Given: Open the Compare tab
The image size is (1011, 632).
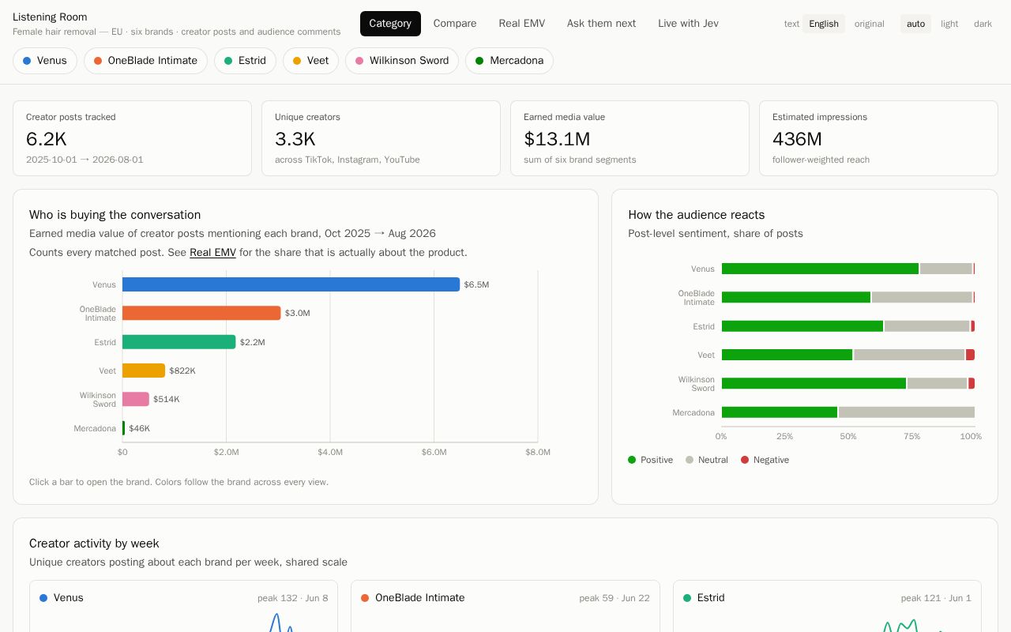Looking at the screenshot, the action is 454,24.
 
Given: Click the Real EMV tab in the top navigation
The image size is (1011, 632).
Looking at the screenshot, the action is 522,24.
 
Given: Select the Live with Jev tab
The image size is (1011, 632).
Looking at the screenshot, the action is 688,24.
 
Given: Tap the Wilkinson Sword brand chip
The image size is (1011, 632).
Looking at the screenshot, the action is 402,61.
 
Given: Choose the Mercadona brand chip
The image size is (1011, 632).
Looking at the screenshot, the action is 509,61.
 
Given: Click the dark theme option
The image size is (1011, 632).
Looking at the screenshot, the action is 983,24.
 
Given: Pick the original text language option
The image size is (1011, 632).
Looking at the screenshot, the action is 869,24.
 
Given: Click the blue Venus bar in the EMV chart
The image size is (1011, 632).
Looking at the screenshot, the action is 291,284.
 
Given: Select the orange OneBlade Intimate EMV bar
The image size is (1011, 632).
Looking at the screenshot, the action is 201,313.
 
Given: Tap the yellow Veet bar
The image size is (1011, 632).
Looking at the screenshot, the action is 144,371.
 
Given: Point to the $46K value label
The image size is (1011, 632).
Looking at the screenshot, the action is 140,428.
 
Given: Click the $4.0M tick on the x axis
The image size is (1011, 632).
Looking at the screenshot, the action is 330,453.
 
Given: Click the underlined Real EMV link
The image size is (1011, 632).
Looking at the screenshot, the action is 212,252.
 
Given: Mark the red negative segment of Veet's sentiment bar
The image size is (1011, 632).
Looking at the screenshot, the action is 971,355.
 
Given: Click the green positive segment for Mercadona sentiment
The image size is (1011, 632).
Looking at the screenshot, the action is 780,412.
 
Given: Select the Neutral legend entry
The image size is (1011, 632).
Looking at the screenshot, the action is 707,460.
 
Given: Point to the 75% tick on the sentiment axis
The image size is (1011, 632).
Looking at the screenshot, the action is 911,437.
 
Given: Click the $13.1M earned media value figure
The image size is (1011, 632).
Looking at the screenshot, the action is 557,139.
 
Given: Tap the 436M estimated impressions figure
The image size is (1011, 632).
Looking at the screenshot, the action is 797,139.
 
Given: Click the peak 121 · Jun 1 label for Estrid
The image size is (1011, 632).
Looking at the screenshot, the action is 936,598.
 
